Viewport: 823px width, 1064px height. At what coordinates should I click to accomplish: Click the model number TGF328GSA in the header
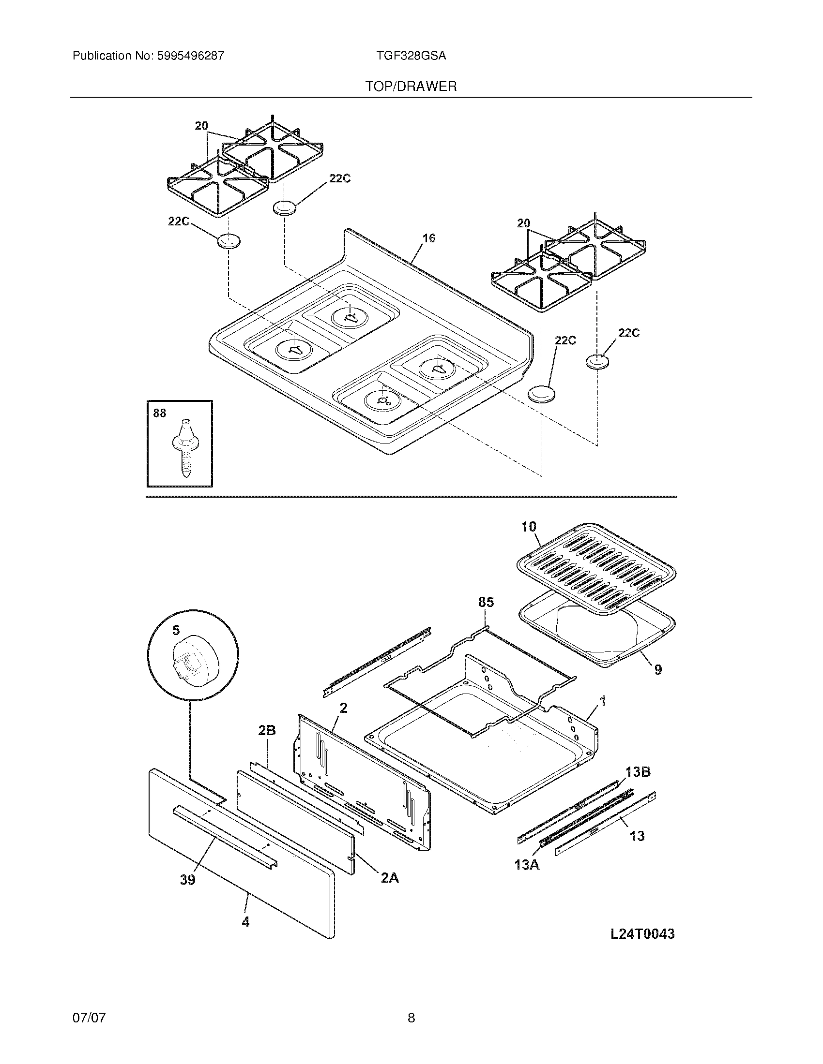411,56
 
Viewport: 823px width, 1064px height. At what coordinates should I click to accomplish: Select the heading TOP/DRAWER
411,87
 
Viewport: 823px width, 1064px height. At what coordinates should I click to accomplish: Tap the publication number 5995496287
191,56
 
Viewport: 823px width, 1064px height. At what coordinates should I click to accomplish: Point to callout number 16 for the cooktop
428,238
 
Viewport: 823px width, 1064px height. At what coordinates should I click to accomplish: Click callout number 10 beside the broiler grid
529,527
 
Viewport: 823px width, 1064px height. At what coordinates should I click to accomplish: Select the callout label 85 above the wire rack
486,602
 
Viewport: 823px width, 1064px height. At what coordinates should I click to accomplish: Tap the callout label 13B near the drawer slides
638,772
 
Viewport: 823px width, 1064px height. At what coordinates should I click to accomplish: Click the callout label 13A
527,865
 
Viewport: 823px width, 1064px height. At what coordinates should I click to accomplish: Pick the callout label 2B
267,744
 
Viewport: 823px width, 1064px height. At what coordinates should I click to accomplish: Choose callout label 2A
390,878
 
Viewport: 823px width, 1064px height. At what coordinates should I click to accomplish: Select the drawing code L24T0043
642,934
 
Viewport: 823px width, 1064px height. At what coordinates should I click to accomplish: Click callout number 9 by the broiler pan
658,670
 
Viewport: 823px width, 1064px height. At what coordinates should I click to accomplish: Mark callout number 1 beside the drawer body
603,701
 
